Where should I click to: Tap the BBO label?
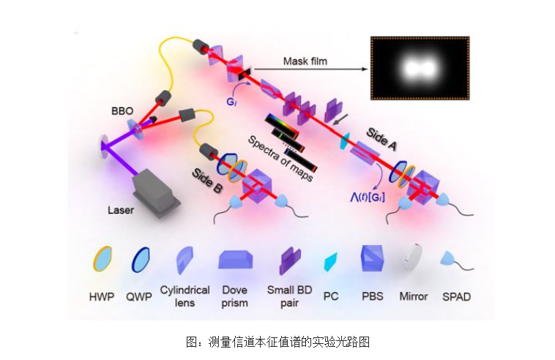click(122, 111)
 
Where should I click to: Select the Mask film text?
click(305, 61)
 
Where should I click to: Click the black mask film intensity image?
click(420, 68)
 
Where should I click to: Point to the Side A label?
click(381, 139)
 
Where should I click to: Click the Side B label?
click(207, 181)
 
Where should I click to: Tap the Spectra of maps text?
click(280, 159)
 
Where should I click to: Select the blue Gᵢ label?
click(231, 102)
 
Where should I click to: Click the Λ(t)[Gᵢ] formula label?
click(368, 197)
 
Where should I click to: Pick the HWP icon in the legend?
click(103, 259)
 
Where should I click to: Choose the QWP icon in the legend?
click(141, 260)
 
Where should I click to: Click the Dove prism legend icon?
click(236, 260)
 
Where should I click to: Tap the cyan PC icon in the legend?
click(331, 262)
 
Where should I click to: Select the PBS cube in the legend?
click(372, 258)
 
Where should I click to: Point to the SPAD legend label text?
click(456, 296)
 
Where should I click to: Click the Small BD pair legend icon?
click(290, 261)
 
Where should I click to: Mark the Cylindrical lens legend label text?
click(185, 296)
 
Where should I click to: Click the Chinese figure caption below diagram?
click(277, 342)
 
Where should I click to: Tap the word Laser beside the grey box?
click(121, 211)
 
